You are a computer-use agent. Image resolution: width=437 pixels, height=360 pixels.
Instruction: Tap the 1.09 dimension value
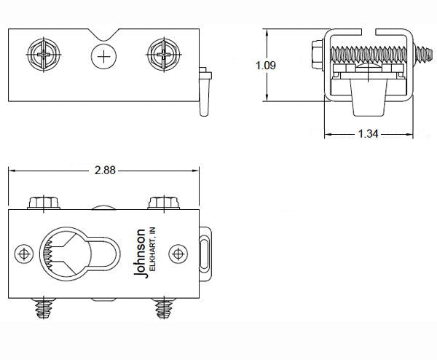click(x=266, y=66)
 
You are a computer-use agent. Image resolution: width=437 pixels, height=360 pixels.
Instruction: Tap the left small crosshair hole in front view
click(x=26, y=253)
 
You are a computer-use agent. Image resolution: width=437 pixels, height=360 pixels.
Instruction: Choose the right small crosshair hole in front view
click(x=177, y=253)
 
